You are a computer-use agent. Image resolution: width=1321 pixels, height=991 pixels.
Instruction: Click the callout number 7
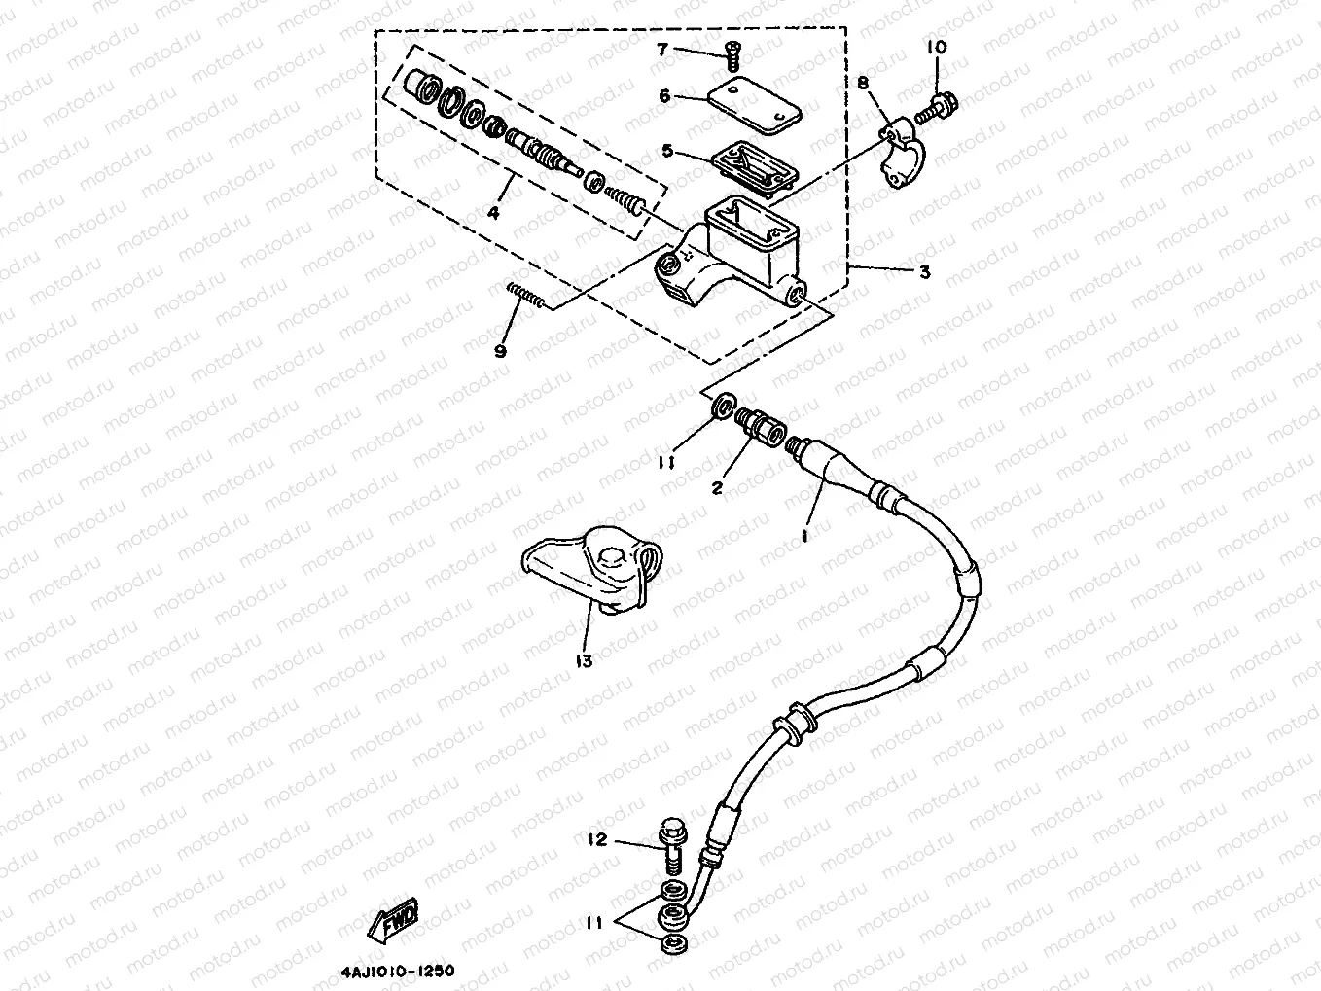tap(689, 49)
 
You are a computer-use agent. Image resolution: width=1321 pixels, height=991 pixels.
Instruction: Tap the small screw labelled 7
tap(732, 58)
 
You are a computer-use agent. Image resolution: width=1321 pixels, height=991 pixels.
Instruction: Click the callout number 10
tap(936, 47)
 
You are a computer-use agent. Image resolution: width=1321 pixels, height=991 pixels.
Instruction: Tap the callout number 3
tap(924, 272)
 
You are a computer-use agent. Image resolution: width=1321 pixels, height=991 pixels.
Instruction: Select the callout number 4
tap(493, 213)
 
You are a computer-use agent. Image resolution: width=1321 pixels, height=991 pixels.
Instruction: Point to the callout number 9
tap(500, 351)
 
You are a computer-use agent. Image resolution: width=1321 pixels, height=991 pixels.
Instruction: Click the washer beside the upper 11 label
tap(721, 406)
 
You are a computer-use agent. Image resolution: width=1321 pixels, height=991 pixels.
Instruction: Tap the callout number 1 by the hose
tap(805, 534)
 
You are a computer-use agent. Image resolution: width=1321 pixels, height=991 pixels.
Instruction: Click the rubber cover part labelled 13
tap(594, 573)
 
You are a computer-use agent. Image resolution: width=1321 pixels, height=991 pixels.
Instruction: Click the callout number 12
tap(596, 839)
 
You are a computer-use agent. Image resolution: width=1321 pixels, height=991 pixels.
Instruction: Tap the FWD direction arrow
tap(394, 918)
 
